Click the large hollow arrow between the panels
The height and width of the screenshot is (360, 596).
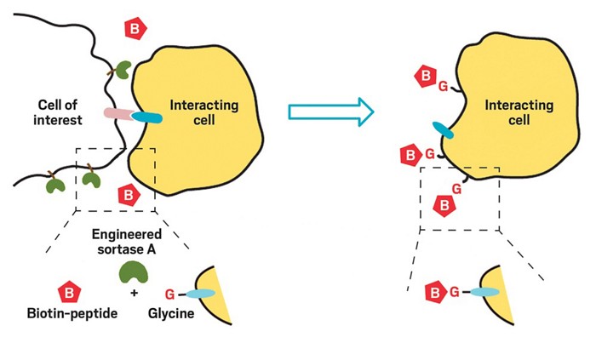(331, 111)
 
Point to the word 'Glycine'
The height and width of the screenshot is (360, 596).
(171, 312)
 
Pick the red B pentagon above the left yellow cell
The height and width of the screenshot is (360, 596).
(135, 28)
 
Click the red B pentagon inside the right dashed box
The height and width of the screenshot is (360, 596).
(444, 204)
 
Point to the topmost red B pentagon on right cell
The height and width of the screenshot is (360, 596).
(423, 79)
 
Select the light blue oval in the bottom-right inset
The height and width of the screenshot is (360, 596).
(484, 292)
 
